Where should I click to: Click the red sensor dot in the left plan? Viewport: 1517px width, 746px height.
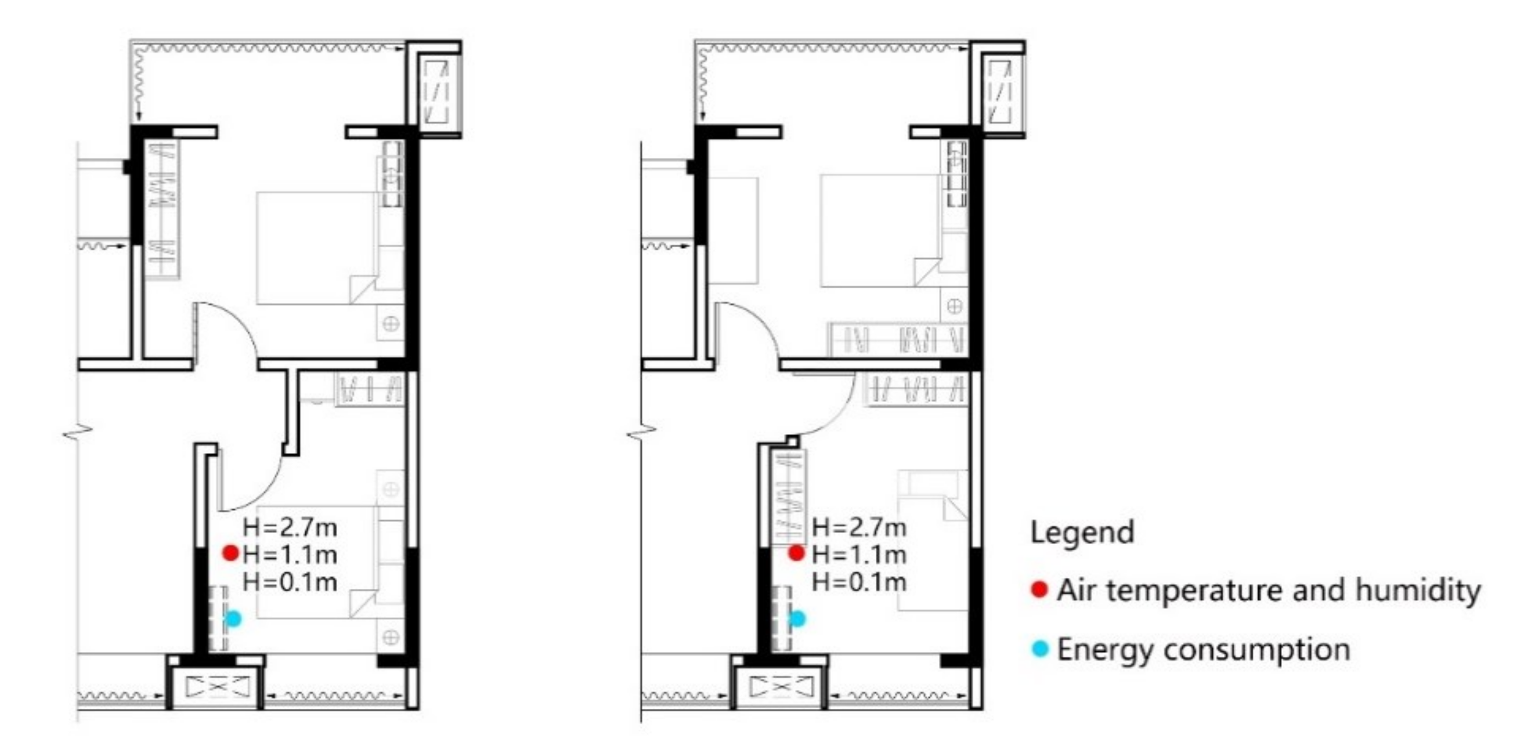[x=230, y=553]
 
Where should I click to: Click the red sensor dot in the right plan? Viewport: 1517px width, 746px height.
[x=797, y=553]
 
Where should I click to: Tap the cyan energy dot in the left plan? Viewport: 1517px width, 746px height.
[x=234, y=619]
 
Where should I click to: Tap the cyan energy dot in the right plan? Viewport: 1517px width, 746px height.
[x=797, y=619]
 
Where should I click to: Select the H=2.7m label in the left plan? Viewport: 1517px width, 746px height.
[x=290, y=527]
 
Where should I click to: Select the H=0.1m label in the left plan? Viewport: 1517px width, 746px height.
[x=290, y=582]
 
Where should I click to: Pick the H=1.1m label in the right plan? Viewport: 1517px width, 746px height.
[x=859, y=555]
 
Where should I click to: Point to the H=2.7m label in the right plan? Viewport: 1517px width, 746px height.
[x=859, y=527]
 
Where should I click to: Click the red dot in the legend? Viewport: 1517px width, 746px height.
[x=1040, y=589]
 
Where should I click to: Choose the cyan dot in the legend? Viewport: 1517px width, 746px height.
[x=1041, y=650]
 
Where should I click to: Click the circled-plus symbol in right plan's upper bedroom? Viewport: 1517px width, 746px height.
[x=955, y=307]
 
